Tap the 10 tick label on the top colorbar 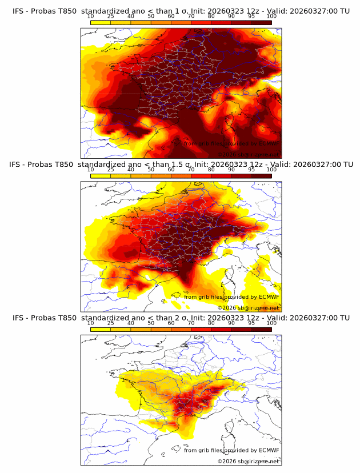point(90,16)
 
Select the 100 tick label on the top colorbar point(271,16)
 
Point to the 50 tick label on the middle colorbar point(151,170)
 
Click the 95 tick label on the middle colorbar point(251,170)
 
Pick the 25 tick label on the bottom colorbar point(110,323)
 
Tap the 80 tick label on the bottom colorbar point(211,323)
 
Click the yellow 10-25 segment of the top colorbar point(101,22)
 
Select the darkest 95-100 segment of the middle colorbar point(262,176)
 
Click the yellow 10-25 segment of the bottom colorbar point(101,330)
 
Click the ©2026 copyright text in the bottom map point(227,461)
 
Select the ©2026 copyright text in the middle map point(227,307)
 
